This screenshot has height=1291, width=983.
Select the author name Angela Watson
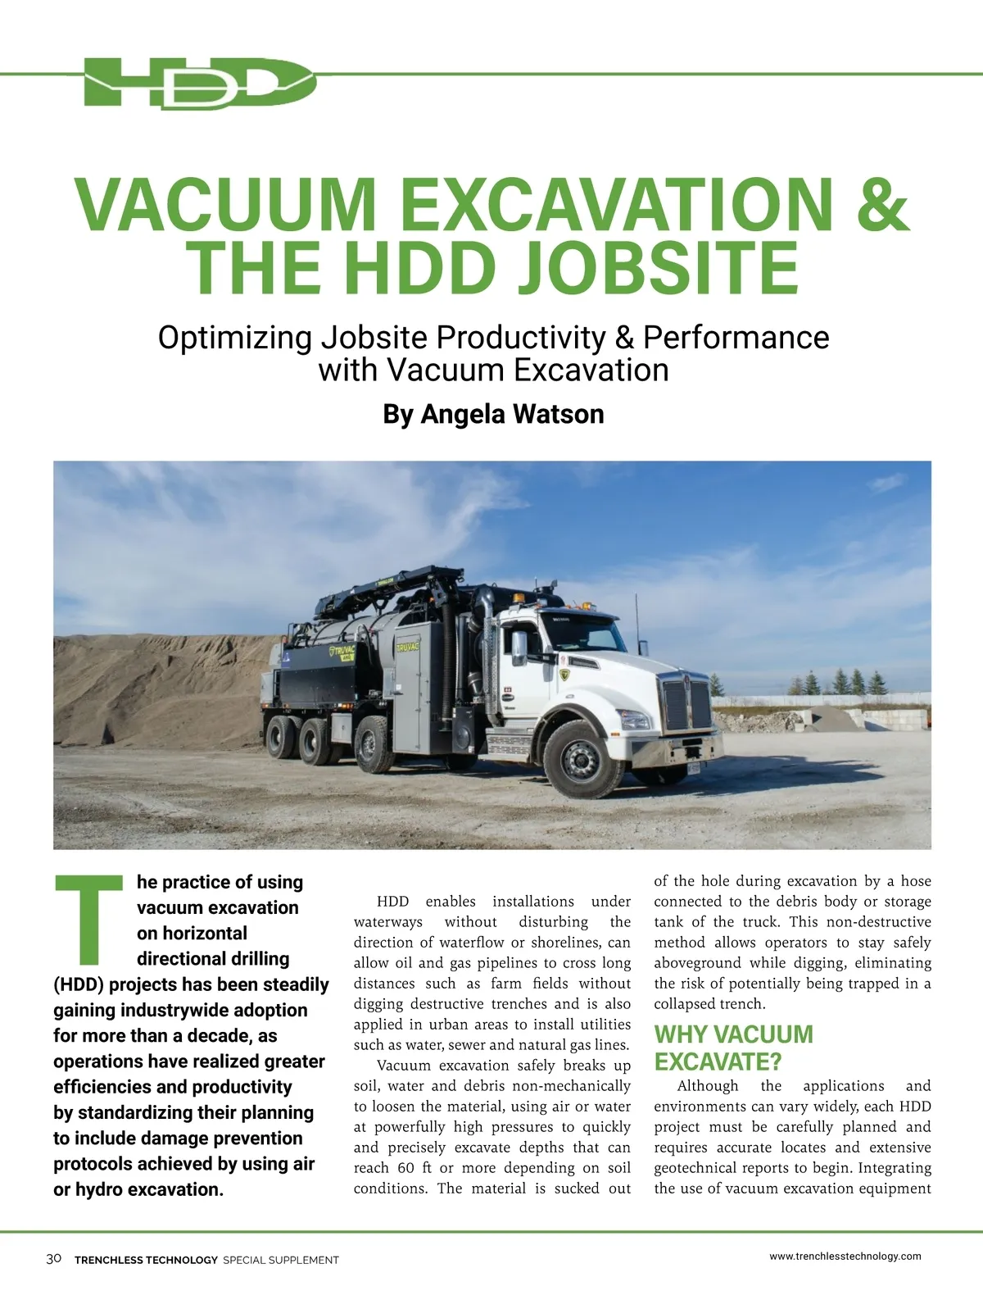point(512,414)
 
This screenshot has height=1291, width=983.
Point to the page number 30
point(54,1258)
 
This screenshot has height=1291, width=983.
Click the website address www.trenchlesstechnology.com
point(845,1256)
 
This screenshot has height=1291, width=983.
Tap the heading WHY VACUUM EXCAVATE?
point(733,1048)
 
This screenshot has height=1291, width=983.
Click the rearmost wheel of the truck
point(282,736)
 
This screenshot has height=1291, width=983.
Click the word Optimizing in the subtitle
point(234,337)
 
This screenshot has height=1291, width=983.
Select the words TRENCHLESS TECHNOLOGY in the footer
point(146,1260)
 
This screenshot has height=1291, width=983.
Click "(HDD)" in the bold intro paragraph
point(79,984)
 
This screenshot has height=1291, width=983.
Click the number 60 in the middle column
point(405,1167)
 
